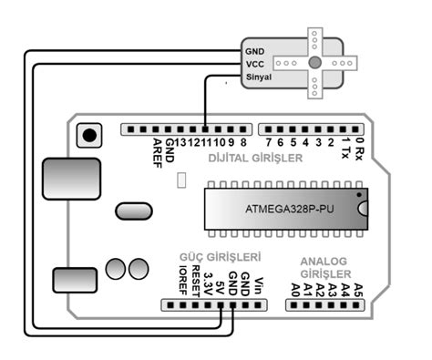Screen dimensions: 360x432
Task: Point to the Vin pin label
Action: [259, 285]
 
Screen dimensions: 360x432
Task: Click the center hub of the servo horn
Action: [314, 63]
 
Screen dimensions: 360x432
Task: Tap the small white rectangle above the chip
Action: [183, 183]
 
